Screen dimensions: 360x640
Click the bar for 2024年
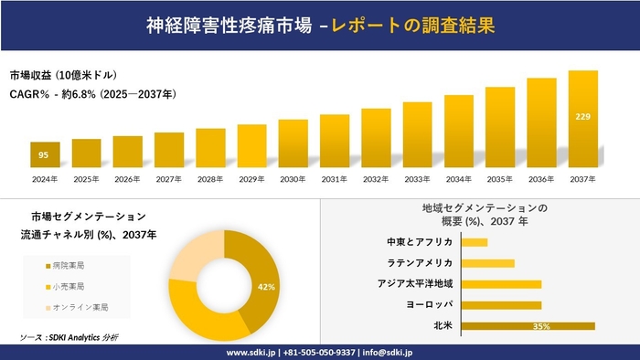(x=45, y=154)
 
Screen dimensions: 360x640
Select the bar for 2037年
(x=583, y=119)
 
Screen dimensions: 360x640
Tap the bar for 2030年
(x=293, y=143)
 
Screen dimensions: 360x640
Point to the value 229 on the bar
(x=583, y=116)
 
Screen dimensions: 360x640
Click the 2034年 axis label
(x=459, y=178)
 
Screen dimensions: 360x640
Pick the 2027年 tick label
(x=169, y=178)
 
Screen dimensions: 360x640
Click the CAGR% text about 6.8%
(x=93, y=94)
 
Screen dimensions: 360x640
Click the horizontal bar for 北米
(x=528, y=325)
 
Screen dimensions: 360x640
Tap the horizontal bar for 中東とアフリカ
(x=475, y=242)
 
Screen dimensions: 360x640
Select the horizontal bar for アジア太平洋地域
(x=502, y=284)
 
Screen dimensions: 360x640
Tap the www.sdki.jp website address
(x=253, y=351)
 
